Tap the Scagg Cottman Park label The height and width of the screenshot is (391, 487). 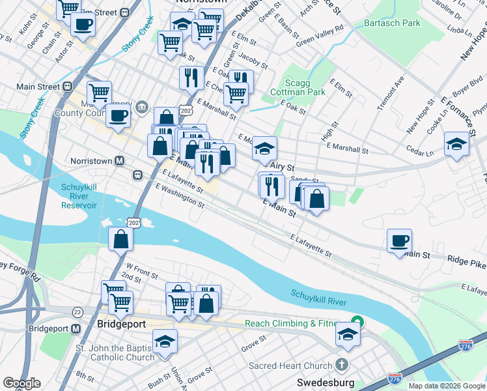point(306,87)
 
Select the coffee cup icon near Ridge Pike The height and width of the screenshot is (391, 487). point(399,240)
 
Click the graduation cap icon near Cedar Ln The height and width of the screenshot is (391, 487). point(457,143)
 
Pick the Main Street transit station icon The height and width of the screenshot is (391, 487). point(67,86)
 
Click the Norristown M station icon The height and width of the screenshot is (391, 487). point(120,160)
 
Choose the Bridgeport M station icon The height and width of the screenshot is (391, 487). point(76,328)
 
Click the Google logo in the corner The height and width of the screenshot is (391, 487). point(21,383)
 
